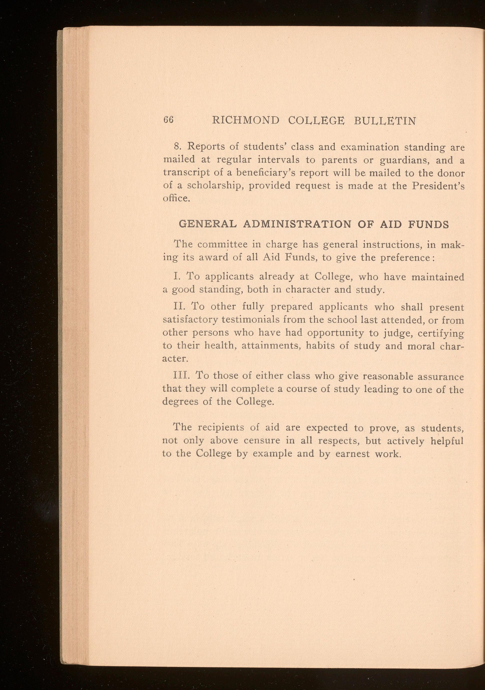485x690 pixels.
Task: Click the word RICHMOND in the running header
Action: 245,121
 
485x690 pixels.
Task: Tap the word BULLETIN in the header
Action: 386,121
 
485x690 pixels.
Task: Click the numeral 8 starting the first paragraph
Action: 177,147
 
